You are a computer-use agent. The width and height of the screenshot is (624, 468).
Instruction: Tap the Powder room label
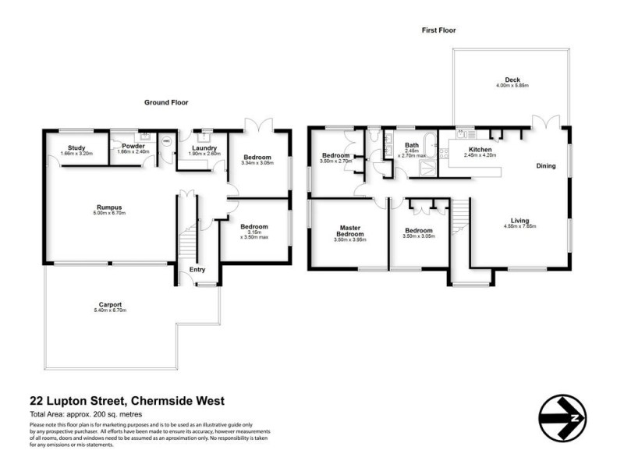[126, 145]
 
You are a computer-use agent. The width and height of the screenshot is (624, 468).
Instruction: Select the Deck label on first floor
[512, 80]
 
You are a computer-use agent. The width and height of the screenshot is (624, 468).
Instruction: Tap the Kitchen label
[479, 148]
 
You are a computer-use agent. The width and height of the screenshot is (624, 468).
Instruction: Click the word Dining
[546, 166]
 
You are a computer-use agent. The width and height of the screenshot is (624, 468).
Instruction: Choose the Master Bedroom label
[350, 231]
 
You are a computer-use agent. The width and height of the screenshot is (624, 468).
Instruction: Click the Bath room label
[411, 145]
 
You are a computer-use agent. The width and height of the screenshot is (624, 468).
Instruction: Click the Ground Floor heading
[165, 102]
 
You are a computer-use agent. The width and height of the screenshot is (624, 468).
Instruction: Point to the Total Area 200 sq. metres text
[86, 413]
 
